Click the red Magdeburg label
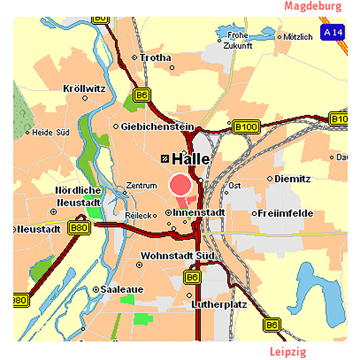[x=313, y=6]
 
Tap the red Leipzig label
[x=288, y=352]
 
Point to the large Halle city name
[x=191, y=159]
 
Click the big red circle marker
[x=180, y=185]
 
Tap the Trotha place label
[x=155, y=57]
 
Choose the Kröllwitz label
[x=84, y=88]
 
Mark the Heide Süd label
[x=51, y=132]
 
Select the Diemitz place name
[x=292, y=179]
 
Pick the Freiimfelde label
[x=285, y=213]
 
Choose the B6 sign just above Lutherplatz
[x=192, y=277]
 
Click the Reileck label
[x=138, y=215]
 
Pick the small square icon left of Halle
[x=165, y=158]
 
